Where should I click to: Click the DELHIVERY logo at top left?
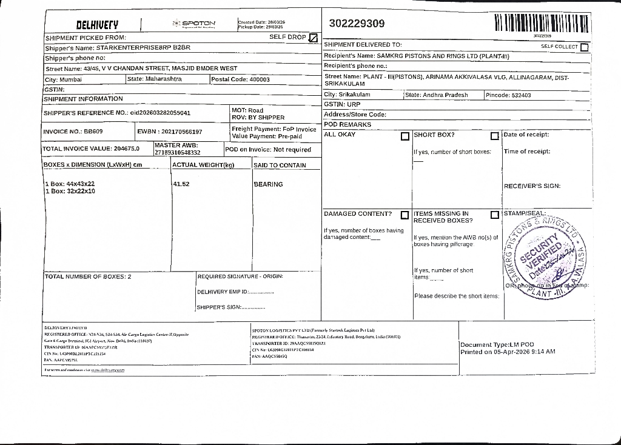[x=97, y=25]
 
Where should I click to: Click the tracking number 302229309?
[x=357, y=24]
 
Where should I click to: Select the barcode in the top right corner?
[x=542, y=24]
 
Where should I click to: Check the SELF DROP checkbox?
[x=313, y=38]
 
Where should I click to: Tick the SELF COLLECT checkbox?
[x=584, y=47]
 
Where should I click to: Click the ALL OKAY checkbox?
[x=404, y=136]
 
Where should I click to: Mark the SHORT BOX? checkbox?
[x=494, y=136]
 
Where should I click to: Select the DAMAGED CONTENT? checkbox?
[x=404, y=215]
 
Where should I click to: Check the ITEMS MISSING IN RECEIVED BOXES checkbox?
[x=494, y=215]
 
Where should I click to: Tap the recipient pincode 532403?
[x=521, y=95]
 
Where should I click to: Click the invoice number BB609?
[x=93, y=131]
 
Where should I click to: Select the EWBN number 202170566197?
[x=181, y=131]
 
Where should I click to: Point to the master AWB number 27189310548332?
[x=178, y=152]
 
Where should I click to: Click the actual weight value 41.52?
[x=181, y=184]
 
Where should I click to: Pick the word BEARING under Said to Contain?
[x=268, y=184]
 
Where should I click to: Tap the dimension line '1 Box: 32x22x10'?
[x=70, y=191]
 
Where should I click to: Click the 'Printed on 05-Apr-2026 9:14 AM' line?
[x=508, y=352]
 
